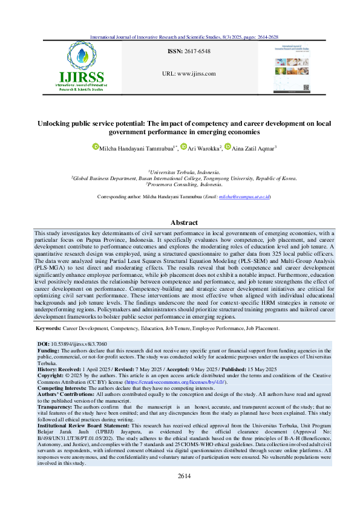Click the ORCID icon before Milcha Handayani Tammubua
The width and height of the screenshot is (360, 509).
(x=95, y=146)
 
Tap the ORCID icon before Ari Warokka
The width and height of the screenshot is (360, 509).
(x=185, y=146)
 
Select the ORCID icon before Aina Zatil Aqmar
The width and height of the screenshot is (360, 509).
(x=227, y=146)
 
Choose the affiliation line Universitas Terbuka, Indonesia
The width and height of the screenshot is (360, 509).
(x=180, y=172)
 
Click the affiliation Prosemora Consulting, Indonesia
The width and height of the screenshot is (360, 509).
(x=180, y=184)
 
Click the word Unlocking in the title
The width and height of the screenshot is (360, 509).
(x=55, y=123)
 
